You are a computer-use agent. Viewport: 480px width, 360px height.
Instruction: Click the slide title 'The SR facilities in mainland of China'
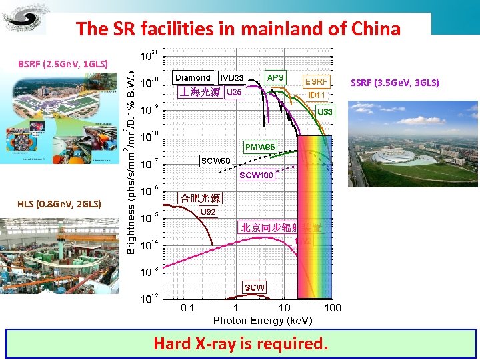[x=238, y=29]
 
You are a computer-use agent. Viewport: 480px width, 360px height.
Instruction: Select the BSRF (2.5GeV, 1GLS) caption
[x=63, y=64]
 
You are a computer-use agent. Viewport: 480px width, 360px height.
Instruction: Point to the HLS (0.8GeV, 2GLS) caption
[x=60, y=203]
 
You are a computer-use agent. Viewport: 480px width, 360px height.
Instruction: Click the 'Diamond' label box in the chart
[x=193, y=77]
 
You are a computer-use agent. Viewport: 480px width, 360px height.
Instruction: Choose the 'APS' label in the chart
[x=275, y=77]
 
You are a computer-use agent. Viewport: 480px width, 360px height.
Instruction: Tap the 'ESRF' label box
[x=316, y=81]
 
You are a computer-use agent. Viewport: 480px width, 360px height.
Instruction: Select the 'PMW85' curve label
[x=260, y=147]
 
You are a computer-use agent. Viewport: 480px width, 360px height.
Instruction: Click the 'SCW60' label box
[x=216, y=161]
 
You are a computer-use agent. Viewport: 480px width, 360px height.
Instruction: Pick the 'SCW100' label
[x=257, y=175]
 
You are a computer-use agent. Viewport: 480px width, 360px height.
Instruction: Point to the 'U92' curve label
[x=208, y=212]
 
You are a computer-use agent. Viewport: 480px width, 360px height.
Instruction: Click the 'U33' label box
[x=325, y=111]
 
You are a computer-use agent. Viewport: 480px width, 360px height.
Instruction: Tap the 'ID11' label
[x=316, y=95]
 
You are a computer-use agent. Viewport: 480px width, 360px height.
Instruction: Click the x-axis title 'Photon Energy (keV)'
[x=262, y=320]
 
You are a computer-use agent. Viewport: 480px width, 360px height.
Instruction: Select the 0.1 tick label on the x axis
[x=188, y=307]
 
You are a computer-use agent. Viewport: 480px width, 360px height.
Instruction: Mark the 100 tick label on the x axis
[x=332, y=307]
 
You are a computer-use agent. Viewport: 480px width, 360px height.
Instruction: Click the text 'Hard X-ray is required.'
[x=241, y=344]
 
